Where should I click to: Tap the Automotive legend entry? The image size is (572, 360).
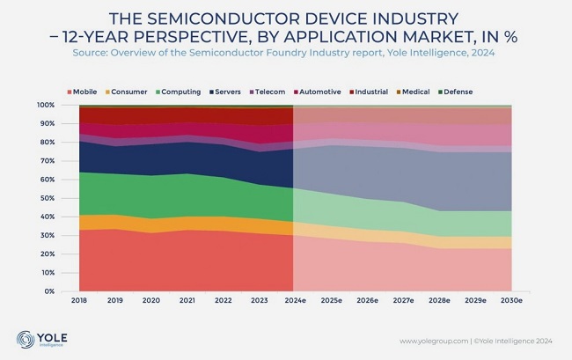[x=326, y=92]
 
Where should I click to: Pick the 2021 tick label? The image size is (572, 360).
[x=187, y=302]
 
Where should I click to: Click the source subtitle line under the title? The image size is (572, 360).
[x=286, y=54]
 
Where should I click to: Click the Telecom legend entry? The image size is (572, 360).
[x=276, y=92]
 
